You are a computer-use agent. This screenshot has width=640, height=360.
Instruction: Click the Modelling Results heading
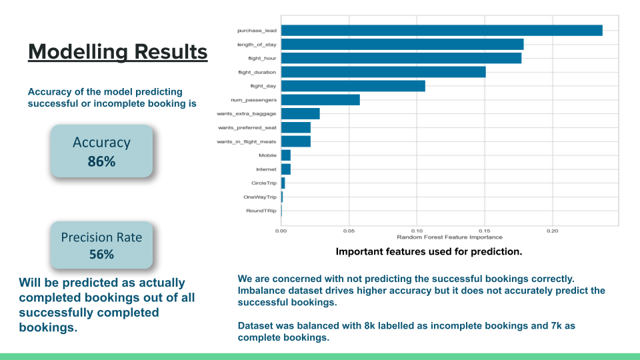[x=117, y=51]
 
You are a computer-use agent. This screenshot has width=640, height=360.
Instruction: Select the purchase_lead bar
[x=441, y=30]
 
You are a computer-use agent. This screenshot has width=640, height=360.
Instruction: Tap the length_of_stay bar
[x=402, y=44]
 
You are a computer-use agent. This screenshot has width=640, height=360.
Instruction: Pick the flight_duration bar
[x=383, y=72]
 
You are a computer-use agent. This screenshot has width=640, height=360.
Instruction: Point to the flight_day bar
[x=353, y=86]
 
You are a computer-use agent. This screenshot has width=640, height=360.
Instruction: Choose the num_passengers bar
[x=320, y=100]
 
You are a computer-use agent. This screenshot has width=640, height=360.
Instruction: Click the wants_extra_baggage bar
[x=300, y=114]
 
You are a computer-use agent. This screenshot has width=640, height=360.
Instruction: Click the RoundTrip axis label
[x=261, y=211]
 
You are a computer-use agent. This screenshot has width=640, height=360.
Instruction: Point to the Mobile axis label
[x=267, y=155]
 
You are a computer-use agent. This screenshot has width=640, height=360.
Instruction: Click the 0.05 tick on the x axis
[x=349, y=231]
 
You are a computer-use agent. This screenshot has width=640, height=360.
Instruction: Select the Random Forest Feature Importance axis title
[x=449, y=237]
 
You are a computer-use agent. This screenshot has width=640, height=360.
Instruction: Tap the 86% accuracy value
[x=101, y=161]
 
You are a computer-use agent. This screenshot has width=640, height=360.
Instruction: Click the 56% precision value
[x=101, y=254]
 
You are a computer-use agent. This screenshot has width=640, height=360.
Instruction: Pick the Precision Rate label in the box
[x=101, y=237]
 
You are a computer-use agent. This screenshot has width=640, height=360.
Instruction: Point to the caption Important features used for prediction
[x=429, y=252]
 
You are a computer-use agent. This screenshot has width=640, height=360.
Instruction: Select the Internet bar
[x=285, y=169]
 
